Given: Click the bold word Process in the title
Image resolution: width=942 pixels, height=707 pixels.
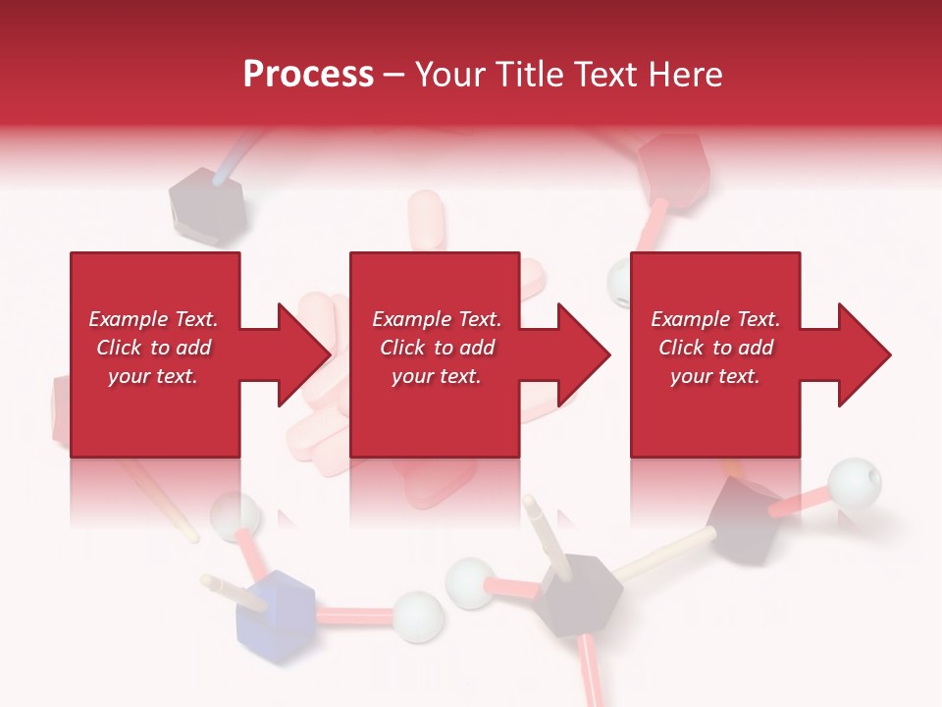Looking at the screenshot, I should click(x=308, y=75).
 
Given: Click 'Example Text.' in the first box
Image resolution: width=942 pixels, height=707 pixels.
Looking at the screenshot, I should click(x=153, y=319).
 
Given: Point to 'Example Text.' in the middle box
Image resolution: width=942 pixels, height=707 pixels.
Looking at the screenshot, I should click(x=437, y=319).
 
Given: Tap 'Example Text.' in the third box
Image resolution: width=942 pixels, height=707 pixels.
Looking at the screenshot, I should click(x=715, y=319).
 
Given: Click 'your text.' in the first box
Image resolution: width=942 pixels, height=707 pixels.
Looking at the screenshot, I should click(x=153, y=376).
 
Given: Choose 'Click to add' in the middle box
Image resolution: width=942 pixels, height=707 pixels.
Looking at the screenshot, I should click(x=437, y=348).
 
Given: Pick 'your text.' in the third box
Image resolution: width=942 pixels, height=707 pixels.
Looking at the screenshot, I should click(x=715, y=376).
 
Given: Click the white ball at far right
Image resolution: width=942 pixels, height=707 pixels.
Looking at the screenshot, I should click(x=854, y=483).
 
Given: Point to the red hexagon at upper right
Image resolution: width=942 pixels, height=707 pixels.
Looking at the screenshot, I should click(x=673, y=167).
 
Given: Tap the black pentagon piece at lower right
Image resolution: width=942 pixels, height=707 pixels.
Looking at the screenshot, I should click(x=746, y=517).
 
